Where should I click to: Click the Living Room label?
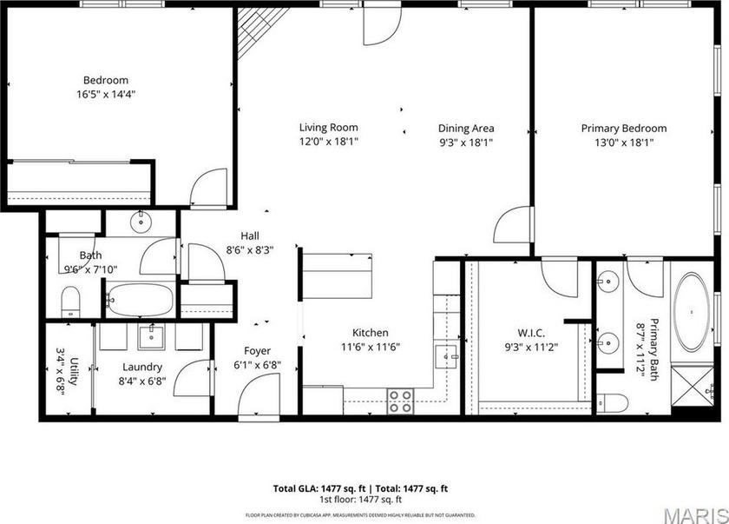click(x=328, y=128)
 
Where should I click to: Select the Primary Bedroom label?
click(x=617, y=128)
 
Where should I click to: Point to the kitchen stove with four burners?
click(x=400, y=401)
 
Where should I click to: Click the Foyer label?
click(x=257, y=351)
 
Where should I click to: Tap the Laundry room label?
click(x=142, y=367)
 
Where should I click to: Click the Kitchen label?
click(x=370, y=332)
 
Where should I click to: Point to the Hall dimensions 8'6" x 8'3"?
click(x=249, y=249)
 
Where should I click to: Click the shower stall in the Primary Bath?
click(x=693, y=387)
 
